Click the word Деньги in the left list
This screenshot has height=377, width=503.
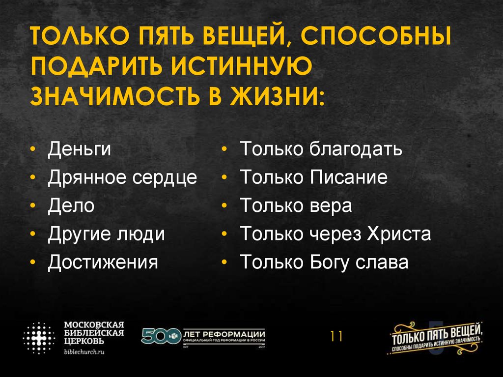pyautogui.click(x=79, y=149)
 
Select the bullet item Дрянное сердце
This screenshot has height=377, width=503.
pyautogui.click(x=122, y=177)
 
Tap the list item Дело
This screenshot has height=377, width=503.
pyautogui.click(x=71, y=205)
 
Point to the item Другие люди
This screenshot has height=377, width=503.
pyautogui.click(x=106, y=234)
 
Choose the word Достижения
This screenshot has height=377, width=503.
pyautogui.click(x=103, y=262)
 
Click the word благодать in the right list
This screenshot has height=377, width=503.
pyautogui.click(x=356, y=149)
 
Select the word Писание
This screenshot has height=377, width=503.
pyautogui.click(x=349, y=177)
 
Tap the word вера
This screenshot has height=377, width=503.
pyautogui.click(x=331, y=206)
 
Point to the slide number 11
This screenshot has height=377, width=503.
pyautogui.click(x=336, y=337)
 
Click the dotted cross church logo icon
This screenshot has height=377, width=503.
pyautogui.click(x=39, y=338)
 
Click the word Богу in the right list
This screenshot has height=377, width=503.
pyautogui.click(x=330, y=262)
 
